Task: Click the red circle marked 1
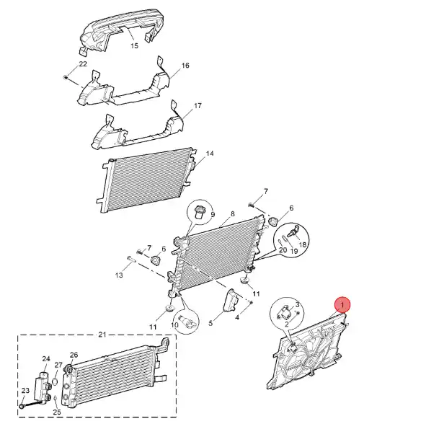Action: (x=342, y=304)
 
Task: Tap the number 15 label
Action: (x=134, y=45)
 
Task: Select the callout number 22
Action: (x=83, y=64)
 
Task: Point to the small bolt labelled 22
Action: (x=66, y=77)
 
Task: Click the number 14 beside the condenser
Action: (x=210, y=154)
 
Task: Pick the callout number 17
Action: (x=198, y=105)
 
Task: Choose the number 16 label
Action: (x=185, y=66)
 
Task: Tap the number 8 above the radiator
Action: (x=233, y=213)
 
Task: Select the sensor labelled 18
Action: (x=294, y=232)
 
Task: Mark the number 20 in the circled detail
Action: (x=283, y=249)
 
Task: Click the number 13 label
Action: (x=119, y=275)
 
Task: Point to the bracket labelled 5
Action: (x=231, y=301)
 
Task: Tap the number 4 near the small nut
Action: (x=237, y=317)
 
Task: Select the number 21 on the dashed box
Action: (x=102, y=335)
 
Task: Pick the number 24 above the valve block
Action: (x=46, y=358)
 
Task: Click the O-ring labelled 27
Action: (x=55, y=381)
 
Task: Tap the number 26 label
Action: (x=74, y=355)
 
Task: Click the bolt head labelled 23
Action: (x=22, y=406)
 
